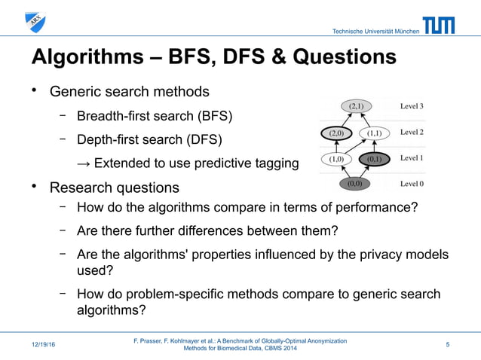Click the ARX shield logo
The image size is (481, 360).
(x=35, y=23)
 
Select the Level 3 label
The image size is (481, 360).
(x=412, y=106)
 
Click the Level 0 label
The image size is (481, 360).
(x=412, y=183)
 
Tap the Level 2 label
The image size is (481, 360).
(x=412, y=133)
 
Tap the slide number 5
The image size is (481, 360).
(x=448, y=345)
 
